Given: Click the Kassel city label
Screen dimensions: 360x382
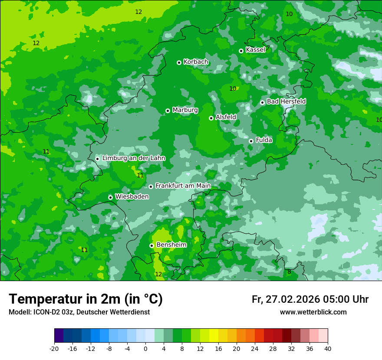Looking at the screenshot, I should point(255,50).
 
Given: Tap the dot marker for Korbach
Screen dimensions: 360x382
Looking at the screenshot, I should point(179,62).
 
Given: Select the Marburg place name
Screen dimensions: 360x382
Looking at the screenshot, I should point(185,110).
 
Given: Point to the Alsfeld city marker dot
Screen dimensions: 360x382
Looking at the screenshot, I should point(211,118).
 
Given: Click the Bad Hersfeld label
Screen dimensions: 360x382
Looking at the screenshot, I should point(286,101).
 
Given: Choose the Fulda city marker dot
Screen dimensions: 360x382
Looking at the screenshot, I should point(251,141).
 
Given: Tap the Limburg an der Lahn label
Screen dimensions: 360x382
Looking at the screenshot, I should point(133,158).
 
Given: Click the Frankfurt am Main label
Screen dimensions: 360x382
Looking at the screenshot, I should point(183,186).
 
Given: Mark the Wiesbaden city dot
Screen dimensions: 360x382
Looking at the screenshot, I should point(110,197).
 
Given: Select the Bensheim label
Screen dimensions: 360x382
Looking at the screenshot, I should point(171,245).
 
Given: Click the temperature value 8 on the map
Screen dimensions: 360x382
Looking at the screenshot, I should point(289,272).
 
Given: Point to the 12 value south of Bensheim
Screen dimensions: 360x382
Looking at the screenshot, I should point(158,274).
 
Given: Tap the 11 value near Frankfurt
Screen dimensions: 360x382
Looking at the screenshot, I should point(140,176).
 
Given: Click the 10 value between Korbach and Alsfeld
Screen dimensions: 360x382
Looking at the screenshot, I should point(233,88).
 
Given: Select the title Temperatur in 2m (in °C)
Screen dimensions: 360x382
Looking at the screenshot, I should point(86,299).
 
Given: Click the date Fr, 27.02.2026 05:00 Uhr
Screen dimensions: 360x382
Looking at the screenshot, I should point(310,299).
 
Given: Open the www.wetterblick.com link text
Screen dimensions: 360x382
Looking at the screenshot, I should point(313,312).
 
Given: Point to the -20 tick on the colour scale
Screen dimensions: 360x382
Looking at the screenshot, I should point(54,348).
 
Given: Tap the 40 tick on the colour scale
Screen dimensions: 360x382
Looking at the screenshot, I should point(328,348).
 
